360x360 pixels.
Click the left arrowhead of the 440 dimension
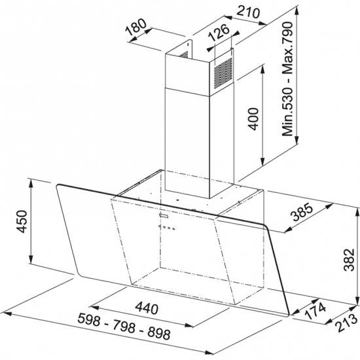click(x=90, y=306)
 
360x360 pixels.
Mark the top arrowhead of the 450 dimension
click(x=32, y=182)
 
